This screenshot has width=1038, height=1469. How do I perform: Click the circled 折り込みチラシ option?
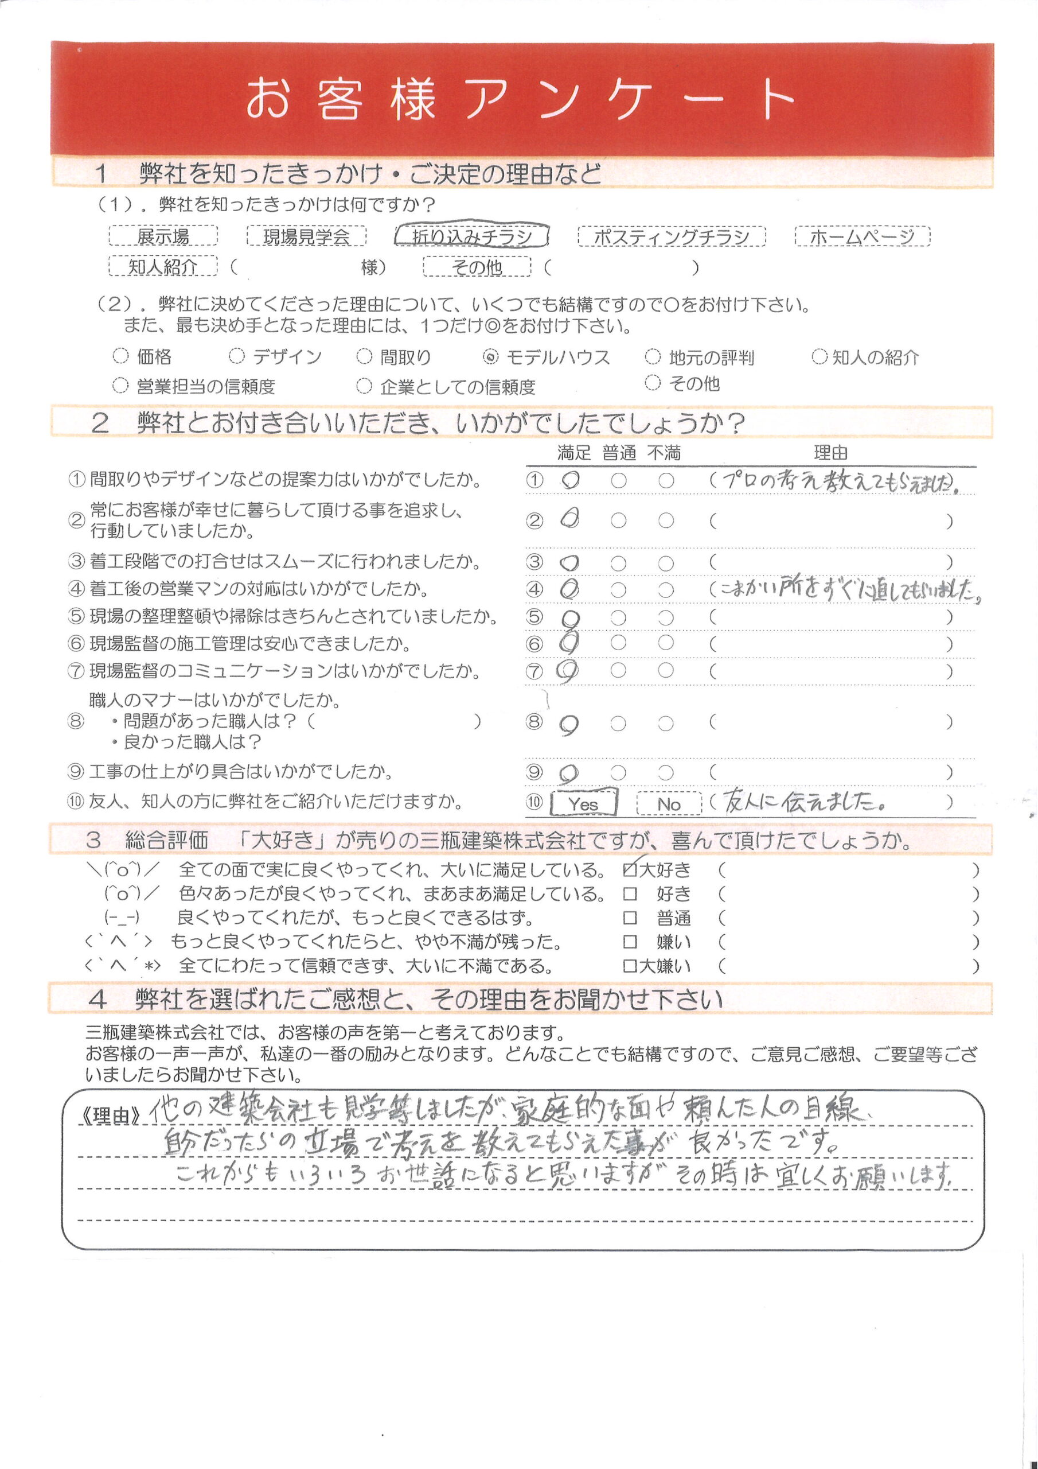471,236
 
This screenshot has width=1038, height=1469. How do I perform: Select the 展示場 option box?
163,236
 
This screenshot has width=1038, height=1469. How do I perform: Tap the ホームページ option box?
861,236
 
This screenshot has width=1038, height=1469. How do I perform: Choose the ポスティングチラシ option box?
671,236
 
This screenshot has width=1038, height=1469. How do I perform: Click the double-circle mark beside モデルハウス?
490,357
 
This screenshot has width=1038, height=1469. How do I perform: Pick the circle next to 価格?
120,356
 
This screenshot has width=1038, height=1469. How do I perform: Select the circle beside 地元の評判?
653,356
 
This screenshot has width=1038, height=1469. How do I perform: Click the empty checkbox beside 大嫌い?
630,966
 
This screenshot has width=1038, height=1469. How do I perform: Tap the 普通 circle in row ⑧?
618,724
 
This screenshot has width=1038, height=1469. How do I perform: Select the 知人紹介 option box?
162,266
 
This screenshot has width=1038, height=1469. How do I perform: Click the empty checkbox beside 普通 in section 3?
630,918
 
